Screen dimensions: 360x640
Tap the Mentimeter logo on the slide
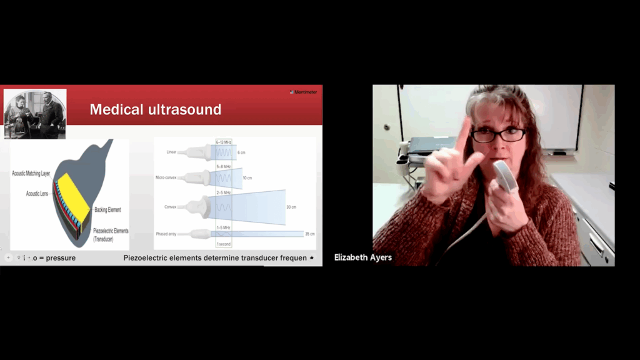click(x=304, y=92)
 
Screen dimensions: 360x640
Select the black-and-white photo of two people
click(x=35, y=113)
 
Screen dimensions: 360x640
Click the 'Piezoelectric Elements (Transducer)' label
click(x=111, y=234)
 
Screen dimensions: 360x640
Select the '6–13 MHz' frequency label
click(x=223, y=142)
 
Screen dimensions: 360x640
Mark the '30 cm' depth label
click(x=291, y=207)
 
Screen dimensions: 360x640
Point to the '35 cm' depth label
click(x=309, y=234)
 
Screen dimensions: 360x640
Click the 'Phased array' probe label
click(x=167, y=234)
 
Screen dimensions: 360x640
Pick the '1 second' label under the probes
click(x=224, y=243)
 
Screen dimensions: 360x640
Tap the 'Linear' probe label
click(x=172, y=152)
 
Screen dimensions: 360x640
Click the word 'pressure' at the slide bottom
click(x=61, y=258)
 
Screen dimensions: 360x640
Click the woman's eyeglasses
click(x=497, y=134)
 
